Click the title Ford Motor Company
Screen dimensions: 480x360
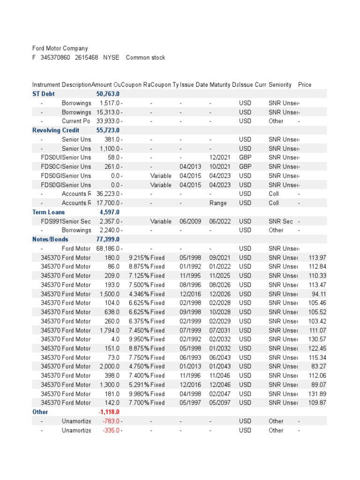[x=60, y=48]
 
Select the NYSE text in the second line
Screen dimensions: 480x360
[x=112, y=58]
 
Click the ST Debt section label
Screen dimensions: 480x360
[x=43, y=94]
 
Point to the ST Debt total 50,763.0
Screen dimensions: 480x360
[x=108, y=94]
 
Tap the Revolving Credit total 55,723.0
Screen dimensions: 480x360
[x=108, y=130]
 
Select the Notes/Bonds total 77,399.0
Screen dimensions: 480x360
[x=108, y=239]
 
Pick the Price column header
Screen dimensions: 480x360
[x=305, y=85]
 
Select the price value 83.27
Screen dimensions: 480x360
[x=319, y=366]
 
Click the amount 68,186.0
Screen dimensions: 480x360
[x=109, y=248]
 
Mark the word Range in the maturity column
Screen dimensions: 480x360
[x=218, y=203]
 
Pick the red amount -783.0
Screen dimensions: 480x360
[x=111, y=421]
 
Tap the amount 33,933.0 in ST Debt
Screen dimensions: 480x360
[x=109, y=121]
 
